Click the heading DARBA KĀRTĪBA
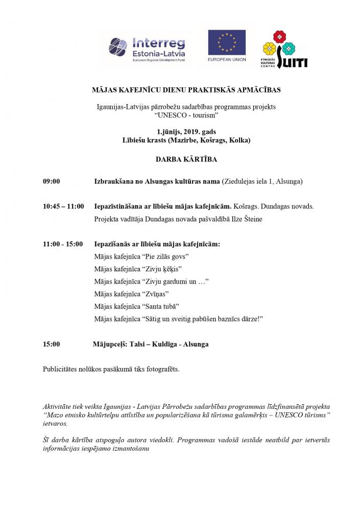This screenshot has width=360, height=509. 186,159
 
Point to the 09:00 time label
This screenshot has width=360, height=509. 52,181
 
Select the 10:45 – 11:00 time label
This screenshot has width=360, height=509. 64,206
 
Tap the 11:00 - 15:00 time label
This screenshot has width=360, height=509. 63,244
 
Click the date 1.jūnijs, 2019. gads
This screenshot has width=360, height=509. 186,131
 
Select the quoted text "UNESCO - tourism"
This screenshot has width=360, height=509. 186,115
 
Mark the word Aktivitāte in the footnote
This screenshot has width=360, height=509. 59,406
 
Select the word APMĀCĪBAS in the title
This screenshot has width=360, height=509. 256,90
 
